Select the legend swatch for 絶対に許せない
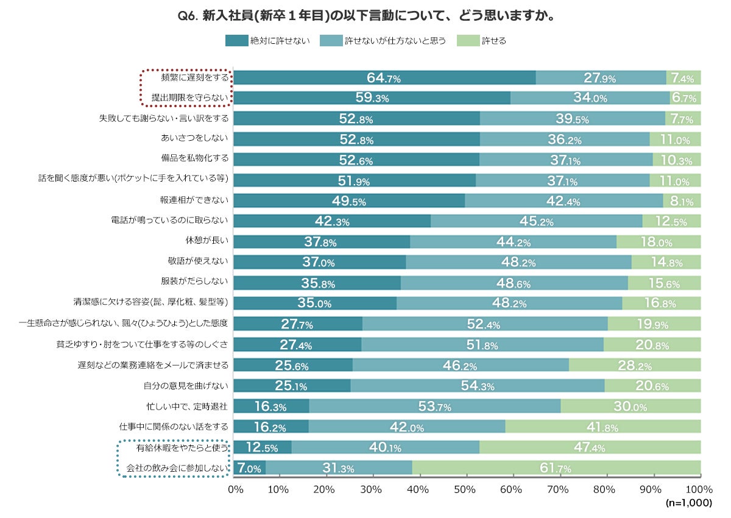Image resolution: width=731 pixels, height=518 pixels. click(x=236, y=41)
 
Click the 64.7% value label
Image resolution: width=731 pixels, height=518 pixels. click(x=383, y=78)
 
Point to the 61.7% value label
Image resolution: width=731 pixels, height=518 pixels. click(x=556, y=468)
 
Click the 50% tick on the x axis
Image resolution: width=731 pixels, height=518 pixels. click(x=465, y=489)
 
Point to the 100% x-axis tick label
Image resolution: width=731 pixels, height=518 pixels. click(x=699, y=489)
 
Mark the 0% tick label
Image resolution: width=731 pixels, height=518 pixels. click(x=235, y=489)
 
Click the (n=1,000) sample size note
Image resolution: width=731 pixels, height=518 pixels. click(x=688, y=503)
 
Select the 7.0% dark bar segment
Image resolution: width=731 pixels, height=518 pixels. click(x=250, y=468)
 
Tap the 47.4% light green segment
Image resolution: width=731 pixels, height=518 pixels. click(x=590, y=447)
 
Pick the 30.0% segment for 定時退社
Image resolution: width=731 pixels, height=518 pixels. click(x=630, y=406)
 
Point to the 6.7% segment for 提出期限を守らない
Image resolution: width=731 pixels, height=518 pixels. click(x=685, y=98)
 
